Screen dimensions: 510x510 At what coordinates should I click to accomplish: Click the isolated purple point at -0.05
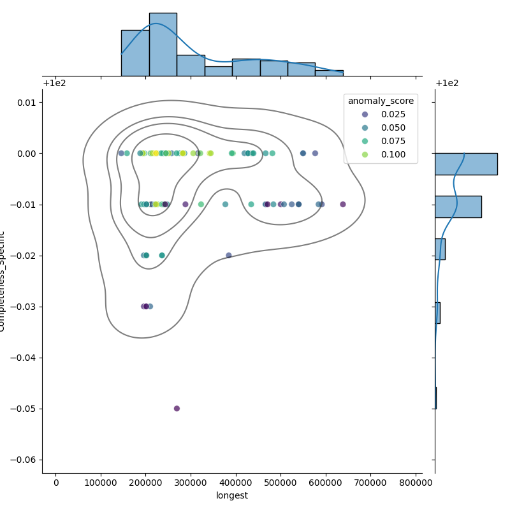pos(177,409)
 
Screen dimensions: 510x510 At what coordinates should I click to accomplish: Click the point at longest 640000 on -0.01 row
pos(343,205)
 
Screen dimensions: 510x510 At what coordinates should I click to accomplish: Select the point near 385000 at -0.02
pos(229,256)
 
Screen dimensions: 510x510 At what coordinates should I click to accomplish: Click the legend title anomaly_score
pos(381,101)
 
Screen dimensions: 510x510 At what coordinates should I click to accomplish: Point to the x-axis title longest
pos(232,495)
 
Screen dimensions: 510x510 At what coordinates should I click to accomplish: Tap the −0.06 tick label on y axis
pos(23,460)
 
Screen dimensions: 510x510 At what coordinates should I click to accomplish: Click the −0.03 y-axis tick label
pos(23,307)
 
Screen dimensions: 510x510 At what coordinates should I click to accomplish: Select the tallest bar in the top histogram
pos(163,45)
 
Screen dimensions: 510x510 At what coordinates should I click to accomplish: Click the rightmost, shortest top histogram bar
pos(329,73)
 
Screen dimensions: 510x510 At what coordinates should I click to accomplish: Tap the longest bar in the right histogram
pos(465,164)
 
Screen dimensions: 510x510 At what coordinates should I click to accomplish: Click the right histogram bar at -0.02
pos(440,249)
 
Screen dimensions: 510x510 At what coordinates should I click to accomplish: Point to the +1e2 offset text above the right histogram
pos(448,84)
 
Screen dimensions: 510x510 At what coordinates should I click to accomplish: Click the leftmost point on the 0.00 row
pos(121,154)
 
